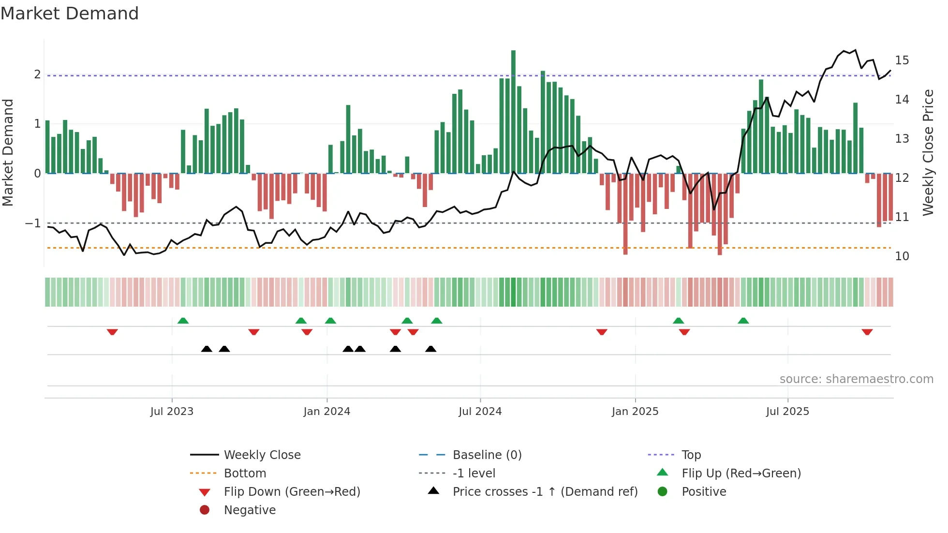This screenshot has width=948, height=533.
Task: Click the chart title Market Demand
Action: (x=70, y=14)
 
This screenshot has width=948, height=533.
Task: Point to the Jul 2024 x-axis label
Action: (x=480, y=412)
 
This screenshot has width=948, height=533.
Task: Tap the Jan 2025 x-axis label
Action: (x=635, y=412)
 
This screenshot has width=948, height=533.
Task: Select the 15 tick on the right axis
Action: (x=902, y=60)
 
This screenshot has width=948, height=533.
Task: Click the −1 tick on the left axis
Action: (x=33, y=223)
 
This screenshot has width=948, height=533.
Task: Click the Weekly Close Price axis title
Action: (x=928, y=152)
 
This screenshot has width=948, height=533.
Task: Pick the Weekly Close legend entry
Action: (x=262, y=455)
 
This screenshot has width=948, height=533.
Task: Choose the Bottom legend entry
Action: (x=245, y=474)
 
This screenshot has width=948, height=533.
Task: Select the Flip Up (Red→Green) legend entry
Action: (x=741, y=474)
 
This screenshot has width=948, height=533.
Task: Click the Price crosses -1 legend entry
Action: (x=545, y=492)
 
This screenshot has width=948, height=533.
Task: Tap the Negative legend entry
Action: (x=250, y=510)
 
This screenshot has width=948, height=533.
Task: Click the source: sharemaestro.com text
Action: (x=856, y=379)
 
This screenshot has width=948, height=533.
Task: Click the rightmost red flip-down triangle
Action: (x=867, y=332)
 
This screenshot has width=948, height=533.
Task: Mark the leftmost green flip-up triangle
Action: (x=183, y=321)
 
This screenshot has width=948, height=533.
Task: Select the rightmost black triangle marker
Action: (x=430, y=349)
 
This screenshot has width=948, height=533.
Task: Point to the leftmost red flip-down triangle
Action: (x=112, y=332)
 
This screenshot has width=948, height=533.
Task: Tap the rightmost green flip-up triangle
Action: (x=743, y=321)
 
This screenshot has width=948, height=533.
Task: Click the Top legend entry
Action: (x=691, y=455)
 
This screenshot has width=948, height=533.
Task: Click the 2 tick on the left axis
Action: (x=37, y=74)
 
